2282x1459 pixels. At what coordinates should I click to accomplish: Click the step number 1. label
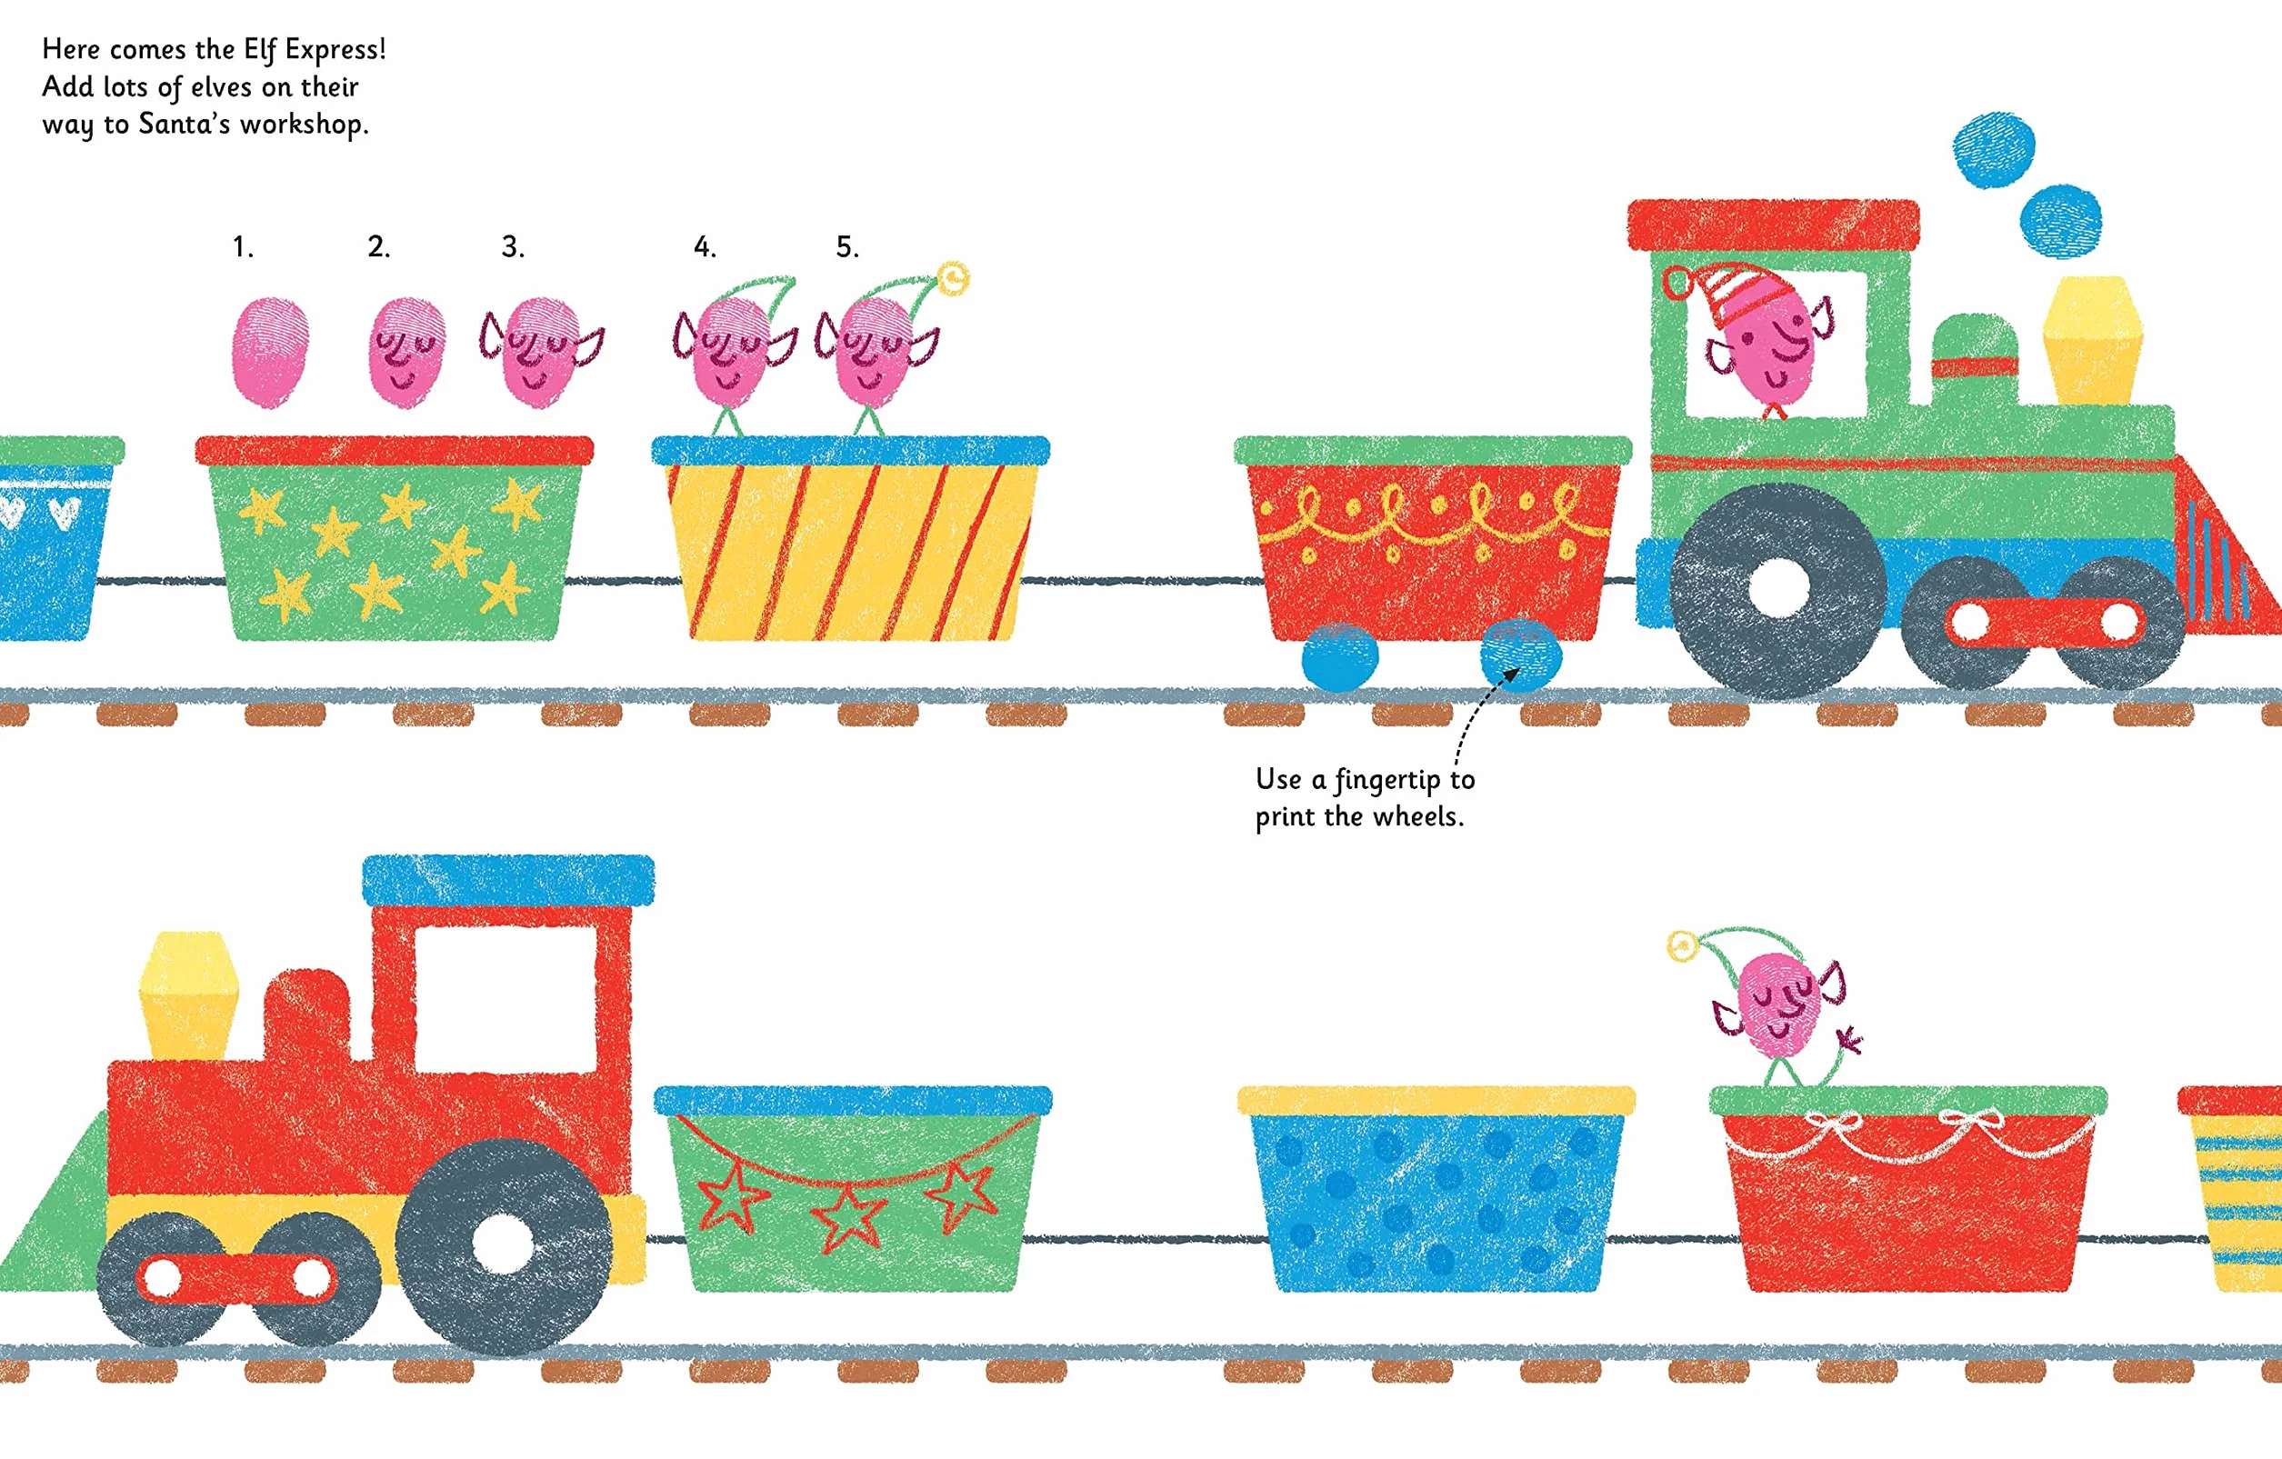(243, 247)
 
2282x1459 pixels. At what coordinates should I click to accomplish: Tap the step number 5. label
(847, 247)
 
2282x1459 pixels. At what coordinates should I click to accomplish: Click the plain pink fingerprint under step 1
(270, 353)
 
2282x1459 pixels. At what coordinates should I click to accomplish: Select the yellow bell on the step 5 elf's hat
(954, 278)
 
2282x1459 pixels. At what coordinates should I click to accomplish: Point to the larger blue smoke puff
(1994, 150)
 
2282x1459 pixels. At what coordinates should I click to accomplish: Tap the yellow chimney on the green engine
(2093, 340)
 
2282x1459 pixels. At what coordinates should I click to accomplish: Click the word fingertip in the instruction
(1387, 781)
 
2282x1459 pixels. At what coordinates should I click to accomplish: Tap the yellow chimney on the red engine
(187, 994)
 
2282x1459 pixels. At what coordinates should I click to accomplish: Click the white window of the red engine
(506, 998)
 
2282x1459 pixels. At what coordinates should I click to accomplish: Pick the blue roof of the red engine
(508, 880)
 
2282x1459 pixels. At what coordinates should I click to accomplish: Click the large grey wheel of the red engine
(503, 1244)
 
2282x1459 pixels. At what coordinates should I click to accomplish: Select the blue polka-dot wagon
(1436, 1189)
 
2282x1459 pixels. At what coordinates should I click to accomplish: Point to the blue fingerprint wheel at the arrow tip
(1520, 655)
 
